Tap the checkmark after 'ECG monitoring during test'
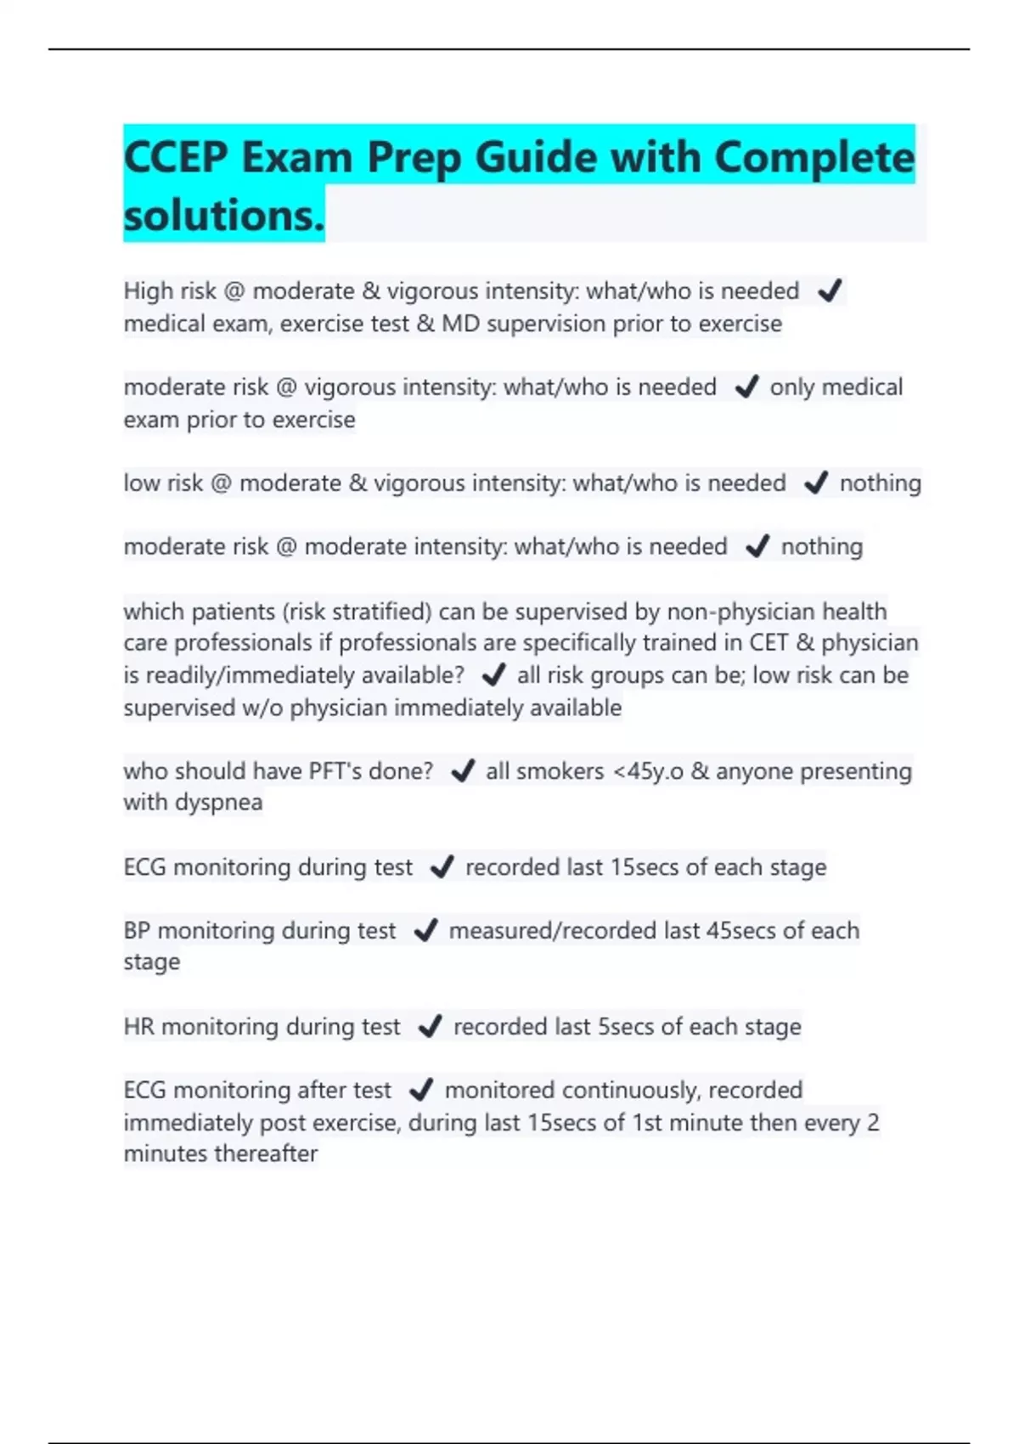point(442,867)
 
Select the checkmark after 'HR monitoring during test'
point(430,1027)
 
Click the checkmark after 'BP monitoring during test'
point(425,931)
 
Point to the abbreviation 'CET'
point(768,643)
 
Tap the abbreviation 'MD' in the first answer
point(461,324)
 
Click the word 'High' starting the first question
point(149,291)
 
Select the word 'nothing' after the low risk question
point(880,483)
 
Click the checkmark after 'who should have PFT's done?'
point(463,771)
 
